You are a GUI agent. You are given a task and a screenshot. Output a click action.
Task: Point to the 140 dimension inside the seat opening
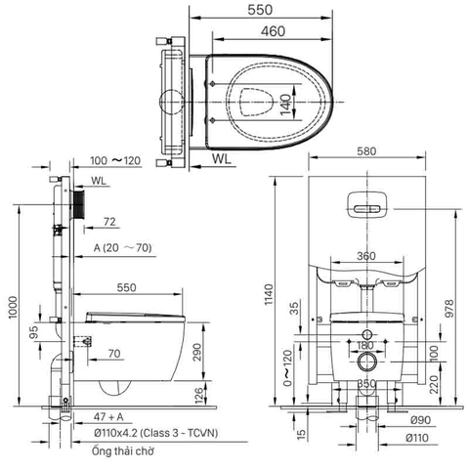click(x=285, y=105)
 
